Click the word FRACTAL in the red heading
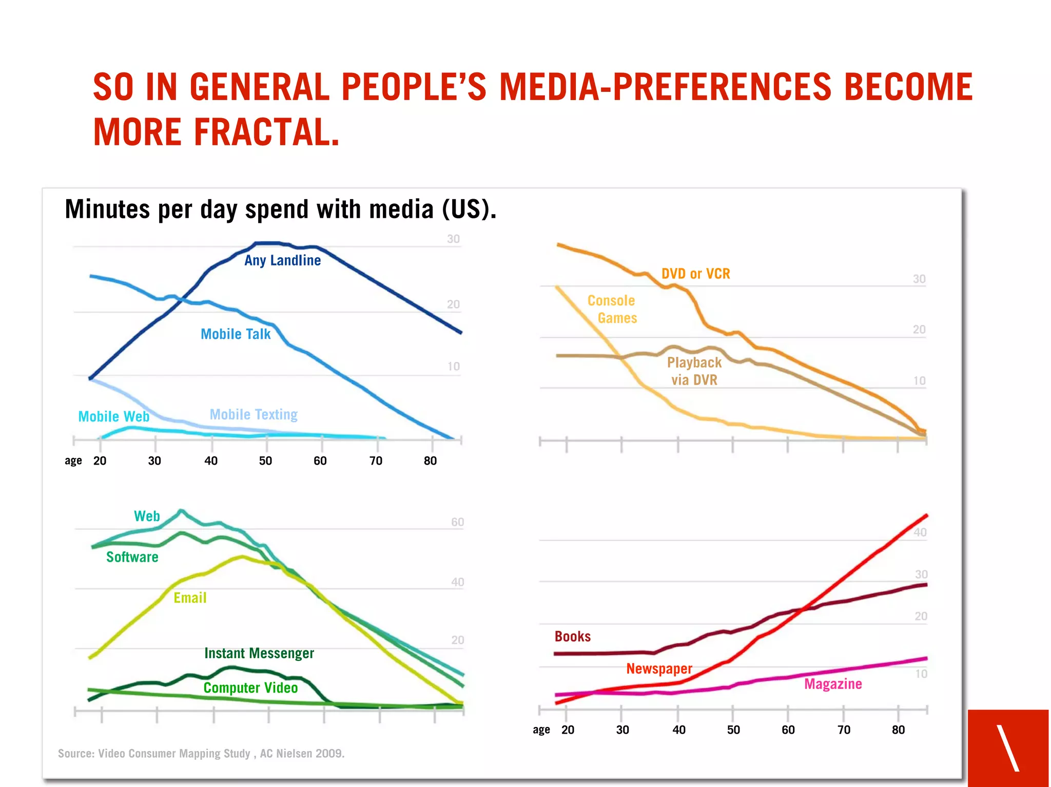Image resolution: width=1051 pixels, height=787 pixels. tap(267, 132)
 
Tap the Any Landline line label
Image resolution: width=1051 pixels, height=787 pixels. tap(282, 261)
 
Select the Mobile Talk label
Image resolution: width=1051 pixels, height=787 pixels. tap(235, 334)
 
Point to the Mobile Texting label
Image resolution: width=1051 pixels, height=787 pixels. tap(254, 415)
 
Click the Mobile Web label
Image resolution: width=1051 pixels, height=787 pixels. tap(113, 416)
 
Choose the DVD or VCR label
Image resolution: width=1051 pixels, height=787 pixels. tap(695, 274)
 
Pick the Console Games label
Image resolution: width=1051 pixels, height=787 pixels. tap(612, 309)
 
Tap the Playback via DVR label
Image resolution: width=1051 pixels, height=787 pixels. tap(694, 371)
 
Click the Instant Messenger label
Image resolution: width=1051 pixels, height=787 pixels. tap(259, 654)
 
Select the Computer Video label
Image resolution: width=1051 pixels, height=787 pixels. tap(250, 688)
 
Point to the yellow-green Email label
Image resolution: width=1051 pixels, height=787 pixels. tap(190, 598)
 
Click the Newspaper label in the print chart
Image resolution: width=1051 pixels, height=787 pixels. tap(659, 669)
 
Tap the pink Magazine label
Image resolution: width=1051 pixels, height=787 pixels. tap(833, 684)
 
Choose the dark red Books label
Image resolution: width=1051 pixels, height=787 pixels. tap(573, 637)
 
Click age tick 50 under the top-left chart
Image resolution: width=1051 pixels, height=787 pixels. tap(265, 461)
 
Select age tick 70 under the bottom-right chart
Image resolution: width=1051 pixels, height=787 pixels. tap(844, 730)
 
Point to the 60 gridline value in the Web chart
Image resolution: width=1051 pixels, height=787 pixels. tap(457, 523)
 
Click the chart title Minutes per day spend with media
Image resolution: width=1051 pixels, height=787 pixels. tap(280, 209)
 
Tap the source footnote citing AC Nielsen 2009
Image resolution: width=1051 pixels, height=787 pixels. tap(201, 754)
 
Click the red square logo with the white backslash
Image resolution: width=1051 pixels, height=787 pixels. tap(1008, 747)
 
